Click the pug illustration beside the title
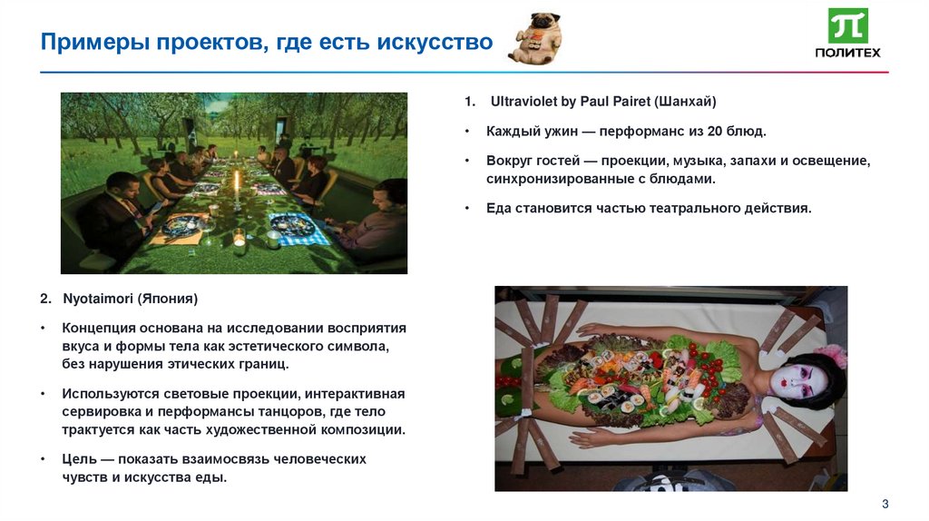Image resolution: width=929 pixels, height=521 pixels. tap(535, 38)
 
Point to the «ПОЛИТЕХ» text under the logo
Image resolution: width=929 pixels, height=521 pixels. tap(847, 53)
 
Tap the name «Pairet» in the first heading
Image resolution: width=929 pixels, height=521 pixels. tap(621, 102)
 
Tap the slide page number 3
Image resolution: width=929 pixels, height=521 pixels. tap(885, 504)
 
